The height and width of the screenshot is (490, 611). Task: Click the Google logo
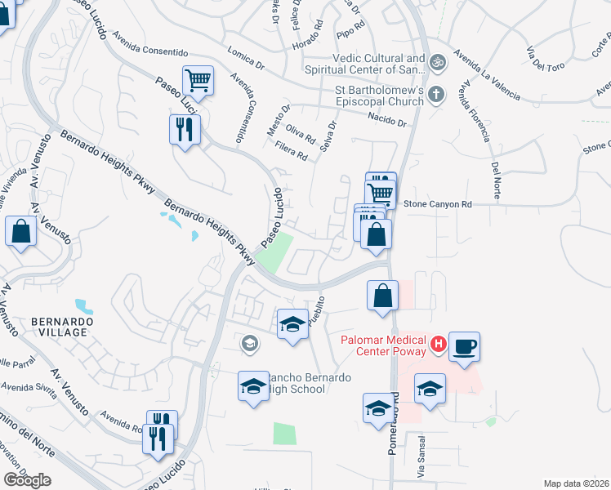click(x=27, y=480)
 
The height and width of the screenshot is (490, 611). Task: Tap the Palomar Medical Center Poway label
click(x=381, y=345)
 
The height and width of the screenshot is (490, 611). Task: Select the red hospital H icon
click(x=438, y=345)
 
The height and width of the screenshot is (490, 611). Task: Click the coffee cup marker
click(x=464, y=345)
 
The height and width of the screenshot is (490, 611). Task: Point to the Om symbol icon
click(x=437, y=61)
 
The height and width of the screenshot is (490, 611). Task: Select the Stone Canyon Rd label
click(x=438, y=203)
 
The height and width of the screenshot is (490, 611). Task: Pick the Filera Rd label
click(x=292, y=150)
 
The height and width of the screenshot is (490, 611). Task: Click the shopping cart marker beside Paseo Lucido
click(x=198, y=80)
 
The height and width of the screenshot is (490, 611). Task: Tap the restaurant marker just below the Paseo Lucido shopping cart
click(x=185, y=128)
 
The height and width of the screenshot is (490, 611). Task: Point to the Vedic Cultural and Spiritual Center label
click(x=379, y=65)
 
